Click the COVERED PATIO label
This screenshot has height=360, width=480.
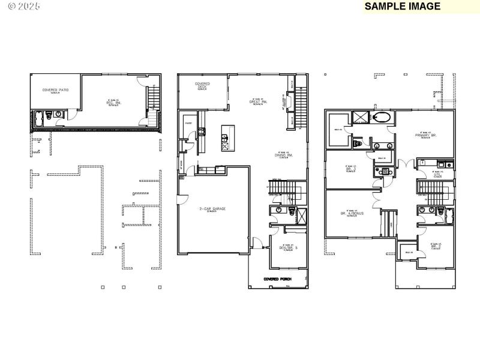[x=55, y=90]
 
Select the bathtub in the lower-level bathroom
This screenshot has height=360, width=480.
[x=37, y=117]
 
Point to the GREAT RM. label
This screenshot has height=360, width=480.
[x=258, y=101]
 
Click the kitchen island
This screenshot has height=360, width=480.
[x=226, y=137]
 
